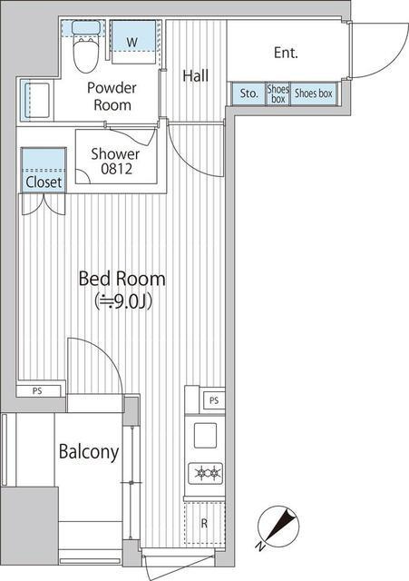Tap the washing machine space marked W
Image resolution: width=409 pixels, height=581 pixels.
(133, 42)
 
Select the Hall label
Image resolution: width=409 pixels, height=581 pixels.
(196, 76)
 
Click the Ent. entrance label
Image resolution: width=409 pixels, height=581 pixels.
(286, 53)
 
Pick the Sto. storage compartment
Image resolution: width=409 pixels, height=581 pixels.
(248, 94)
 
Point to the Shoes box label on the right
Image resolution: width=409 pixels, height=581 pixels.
(314, 94)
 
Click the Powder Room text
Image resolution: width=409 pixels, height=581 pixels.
(112, 96)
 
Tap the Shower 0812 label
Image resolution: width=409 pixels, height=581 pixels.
(115, 162)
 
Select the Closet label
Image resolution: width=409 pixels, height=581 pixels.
(44, 182)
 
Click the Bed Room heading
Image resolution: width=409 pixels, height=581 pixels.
(122, 279)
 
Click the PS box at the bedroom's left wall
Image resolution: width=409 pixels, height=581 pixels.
(38, 391)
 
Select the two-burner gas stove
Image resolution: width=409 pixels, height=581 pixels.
(206, 473)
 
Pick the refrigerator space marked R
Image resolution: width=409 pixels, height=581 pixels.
(205, 523)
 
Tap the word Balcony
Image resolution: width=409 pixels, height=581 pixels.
(89, 452)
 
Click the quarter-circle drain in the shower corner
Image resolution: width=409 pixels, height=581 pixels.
(83, 177)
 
